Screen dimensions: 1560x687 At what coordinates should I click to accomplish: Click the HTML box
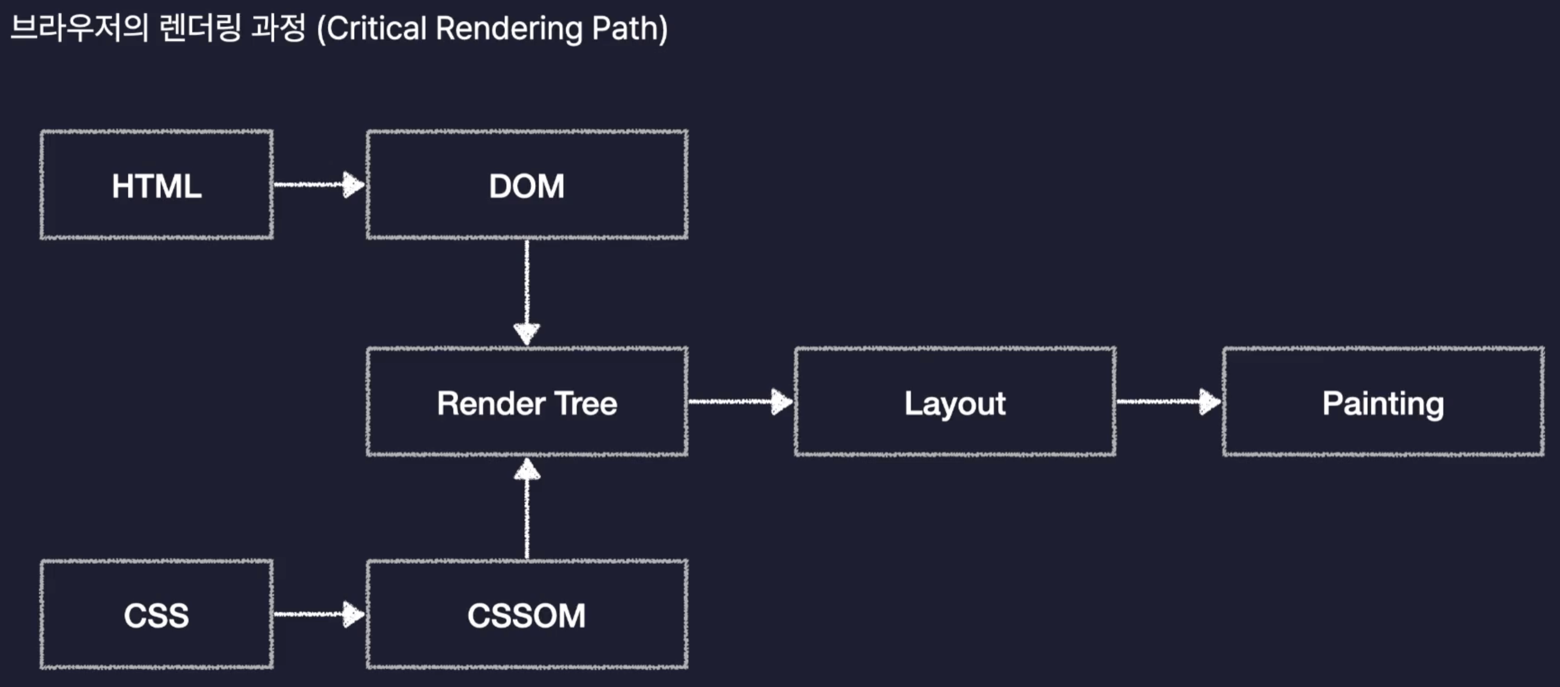(x=156, y=185)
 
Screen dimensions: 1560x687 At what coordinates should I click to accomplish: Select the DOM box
(x=527, y=185)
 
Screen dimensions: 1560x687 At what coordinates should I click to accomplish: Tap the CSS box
(x=156, y=614)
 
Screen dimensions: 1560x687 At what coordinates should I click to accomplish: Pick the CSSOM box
(x=527, y=614)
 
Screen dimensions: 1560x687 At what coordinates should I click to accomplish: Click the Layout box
(x=955, y=402)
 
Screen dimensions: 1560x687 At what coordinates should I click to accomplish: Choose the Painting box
(x=1383, y=402)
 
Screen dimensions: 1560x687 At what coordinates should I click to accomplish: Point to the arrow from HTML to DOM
(x=320, y=184)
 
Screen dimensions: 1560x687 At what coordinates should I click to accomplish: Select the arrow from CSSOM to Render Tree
(x=527, y=508)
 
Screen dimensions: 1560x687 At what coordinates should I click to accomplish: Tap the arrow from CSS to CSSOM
(x=320, y=614)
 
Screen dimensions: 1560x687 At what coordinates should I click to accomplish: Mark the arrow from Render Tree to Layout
(x=741, y=401)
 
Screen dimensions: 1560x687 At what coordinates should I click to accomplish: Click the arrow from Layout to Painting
(x=1169, y=401)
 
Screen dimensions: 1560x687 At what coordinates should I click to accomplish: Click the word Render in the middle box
(x=491, y=404)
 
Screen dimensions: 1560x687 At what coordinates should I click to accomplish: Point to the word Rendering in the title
(x=509, y=29)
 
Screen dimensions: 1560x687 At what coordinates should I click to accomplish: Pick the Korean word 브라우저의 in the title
(x=79, y=28)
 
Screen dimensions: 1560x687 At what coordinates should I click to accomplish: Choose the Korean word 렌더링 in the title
(x=201, y=28)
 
